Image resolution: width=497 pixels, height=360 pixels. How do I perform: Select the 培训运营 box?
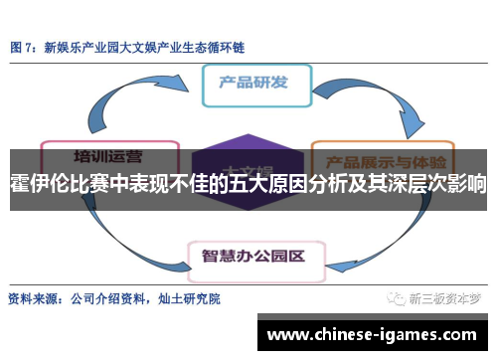point(106,155)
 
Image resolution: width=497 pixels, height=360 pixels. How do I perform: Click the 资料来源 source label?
point(33,298)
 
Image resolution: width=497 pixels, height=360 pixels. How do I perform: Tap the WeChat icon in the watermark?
point(397,298)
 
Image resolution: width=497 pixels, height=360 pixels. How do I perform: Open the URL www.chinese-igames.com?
point(373,333)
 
